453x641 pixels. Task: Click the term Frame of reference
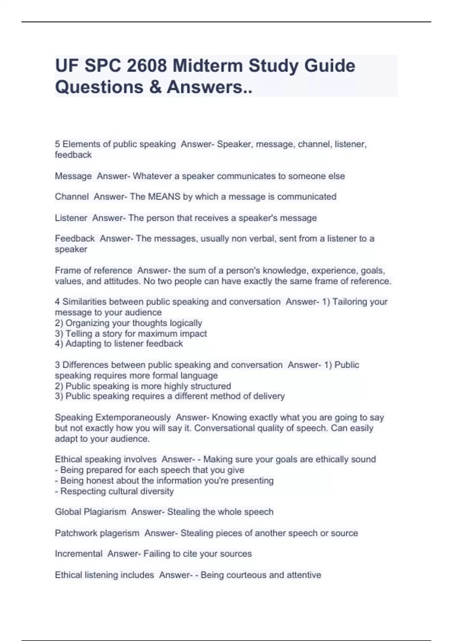pos(93,271)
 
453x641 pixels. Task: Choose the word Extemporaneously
pos(133,417)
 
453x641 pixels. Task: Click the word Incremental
pos(79,554)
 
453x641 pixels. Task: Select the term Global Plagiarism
pos(90,512)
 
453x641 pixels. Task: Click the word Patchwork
pos(75,533)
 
